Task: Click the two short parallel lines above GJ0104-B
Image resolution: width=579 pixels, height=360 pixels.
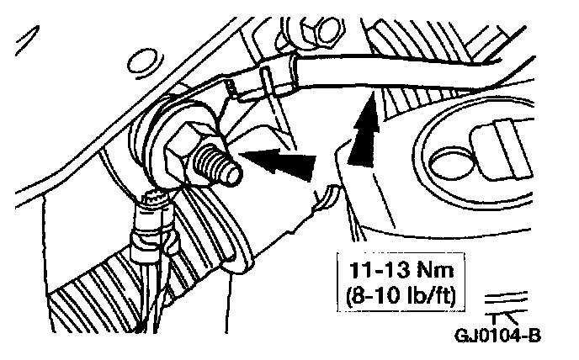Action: (512, 298)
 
